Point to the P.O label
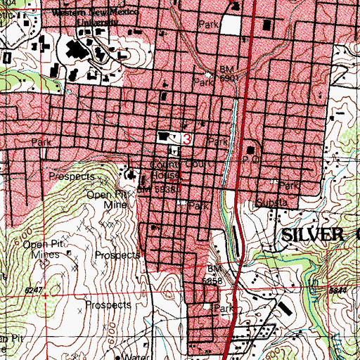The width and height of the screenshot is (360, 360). click(x=247, y=161)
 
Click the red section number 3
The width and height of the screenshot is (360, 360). click(x=187, y=139)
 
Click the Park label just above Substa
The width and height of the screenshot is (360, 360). click(x=288, y=186)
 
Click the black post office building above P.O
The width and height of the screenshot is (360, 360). click(x=251, y=150)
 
